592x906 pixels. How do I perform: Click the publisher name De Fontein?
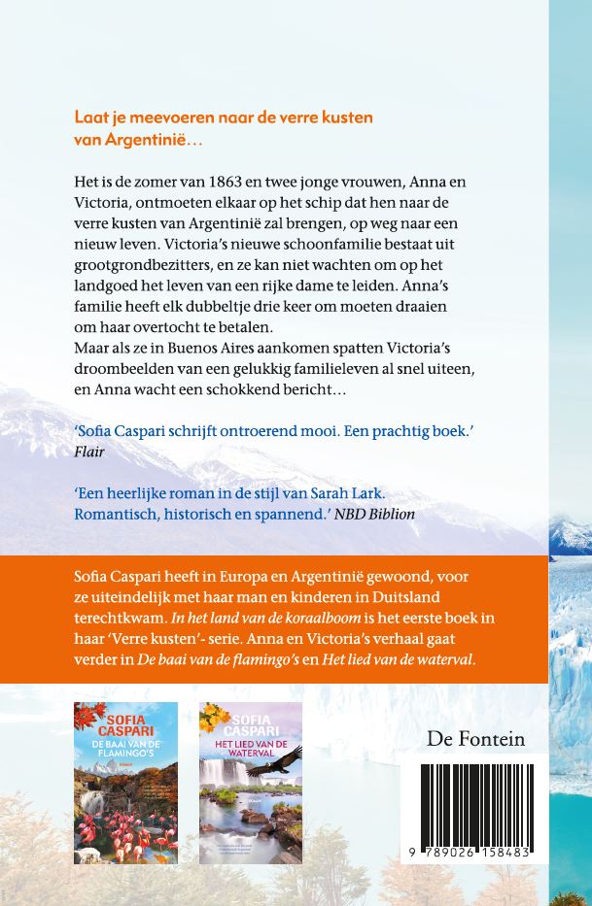475,740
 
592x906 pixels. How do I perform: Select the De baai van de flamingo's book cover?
125,769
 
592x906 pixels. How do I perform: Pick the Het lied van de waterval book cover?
251,769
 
